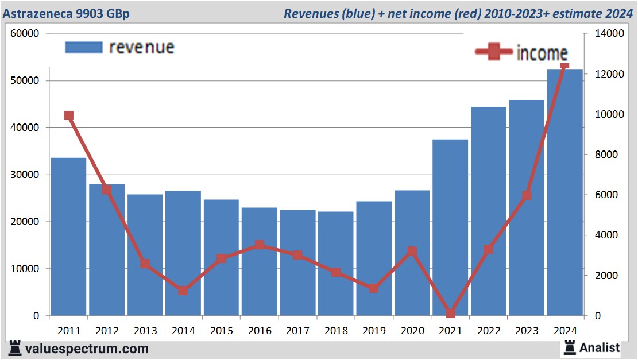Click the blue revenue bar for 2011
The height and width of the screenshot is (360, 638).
coord(68,237)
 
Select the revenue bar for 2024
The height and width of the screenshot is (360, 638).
coord(564,192)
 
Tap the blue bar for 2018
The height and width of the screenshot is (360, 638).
coord(336,264)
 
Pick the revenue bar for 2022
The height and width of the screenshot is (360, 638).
coord(488,211)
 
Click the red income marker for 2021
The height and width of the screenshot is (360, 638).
coord(450,313)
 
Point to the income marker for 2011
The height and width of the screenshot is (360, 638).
coord(69,115)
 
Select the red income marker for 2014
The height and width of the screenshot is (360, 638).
coord(183,291)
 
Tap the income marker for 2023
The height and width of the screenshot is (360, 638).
coord(527,195)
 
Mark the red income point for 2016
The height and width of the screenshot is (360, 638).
coord(260,245)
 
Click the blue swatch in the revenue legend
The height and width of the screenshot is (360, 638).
coord(84,47)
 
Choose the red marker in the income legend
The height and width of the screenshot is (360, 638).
coord(493,52)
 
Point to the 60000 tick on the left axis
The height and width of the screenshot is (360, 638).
coord(25,33)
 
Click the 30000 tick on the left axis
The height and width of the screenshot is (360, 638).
coord(25,175)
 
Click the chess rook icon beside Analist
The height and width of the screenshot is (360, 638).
coord(570,347)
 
